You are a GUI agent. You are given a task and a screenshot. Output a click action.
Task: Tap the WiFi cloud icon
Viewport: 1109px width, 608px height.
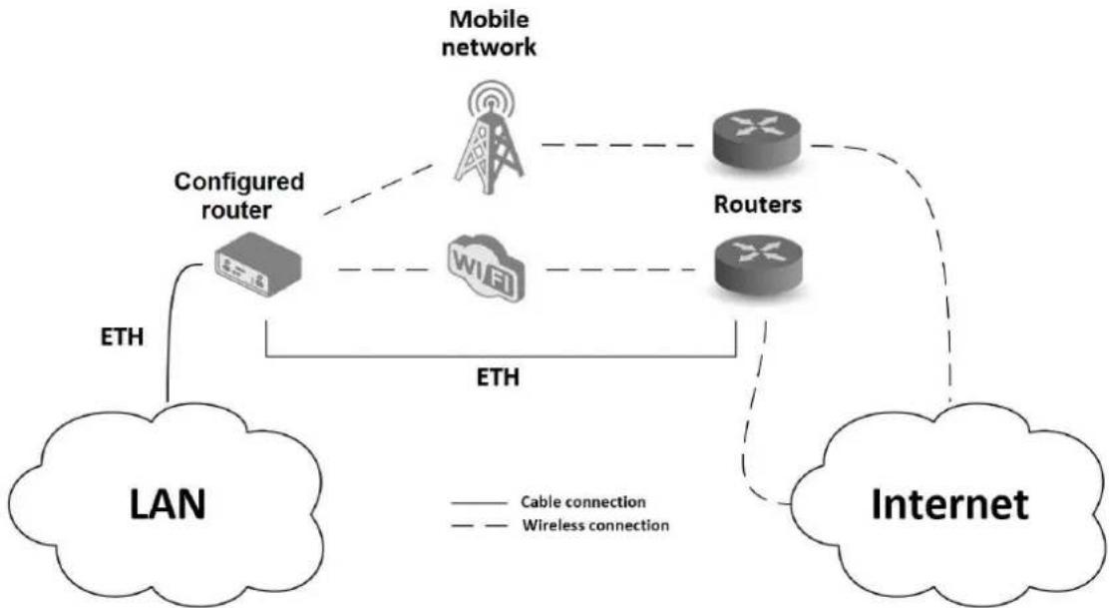pos(487,268)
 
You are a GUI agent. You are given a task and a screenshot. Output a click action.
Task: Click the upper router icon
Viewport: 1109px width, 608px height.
pos(756,139)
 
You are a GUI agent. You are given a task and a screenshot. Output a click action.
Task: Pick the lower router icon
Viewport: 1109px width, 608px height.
pos(759,264)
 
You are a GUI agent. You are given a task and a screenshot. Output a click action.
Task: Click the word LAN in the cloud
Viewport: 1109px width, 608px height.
pos(168,504)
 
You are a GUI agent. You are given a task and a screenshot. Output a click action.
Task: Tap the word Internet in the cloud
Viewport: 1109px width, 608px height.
pos(949,504)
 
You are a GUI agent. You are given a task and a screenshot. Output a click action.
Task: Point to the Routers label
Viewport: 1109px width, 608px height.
pos(758,204)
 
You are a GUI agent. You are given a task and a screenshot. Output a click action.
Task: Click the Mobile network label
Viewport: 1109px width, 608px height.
pos(489,33)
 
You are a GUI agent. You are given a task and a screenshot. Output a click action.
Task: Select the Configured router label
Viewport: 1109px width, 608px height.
pos(239,196)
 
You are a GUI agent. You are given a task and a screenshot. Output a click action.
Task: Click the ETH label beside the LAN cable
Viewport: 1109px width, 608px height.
pos(123,336)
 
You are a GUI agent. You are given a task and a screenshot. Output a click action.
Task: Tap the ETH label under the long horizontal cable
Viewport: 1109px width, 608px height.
pos(498,377)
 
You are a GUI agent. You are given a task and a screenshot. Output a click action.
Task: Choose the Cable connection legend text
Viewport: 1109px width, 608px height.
pos(582,502)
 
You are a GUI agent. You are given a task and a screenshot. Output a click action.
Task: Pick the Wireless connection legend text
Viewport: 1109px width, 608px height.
pos(595,525)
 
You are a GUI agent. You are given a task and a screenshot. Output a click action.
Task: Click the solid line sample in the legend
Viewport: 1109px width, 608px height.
pos(480,503)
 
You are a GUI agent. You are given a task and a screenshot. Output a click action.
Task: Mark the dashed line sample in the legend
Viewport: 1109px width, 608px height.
pos(480,526)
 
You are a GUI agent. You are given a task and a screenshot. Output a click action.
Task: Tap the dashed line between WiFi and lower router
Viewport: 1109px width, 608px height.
pos(620,270)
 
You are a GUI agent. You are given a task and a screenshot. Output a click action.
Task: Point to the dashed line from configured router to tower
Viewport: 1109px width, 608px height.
pos(377,189)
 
